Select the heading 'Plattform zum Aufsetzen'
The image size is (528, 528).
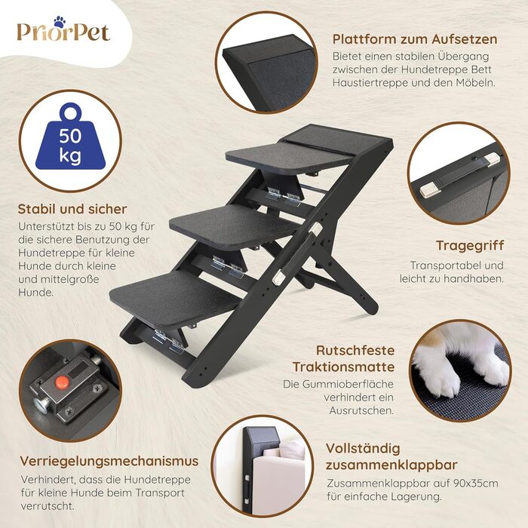(415, 39)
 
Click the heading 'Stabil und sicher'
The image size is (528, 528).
(72, 209)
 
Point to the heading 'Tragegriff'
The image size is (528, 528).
(470, 246)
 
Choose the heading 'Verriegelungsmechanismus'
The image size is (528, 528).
(109, 461)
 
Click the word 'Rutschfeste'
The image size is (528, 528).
(355, 351)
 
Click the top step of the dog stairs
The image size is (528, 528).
(290, 155)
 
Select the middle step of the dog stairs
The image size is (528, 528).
(235, 225)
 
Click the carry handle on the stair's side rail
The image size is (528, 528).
(296, 252)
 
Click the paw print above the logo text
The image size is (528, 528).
(60, 22)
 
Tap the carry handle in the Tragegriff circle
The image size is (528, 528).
(460, 174)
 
